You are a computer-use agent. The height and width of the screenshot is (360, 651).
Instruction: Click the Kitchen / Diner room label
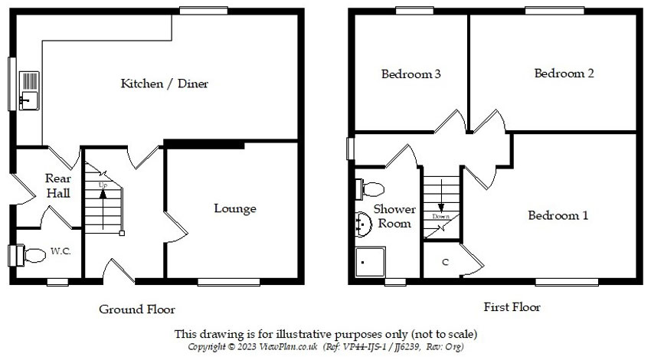[x=164, y=83]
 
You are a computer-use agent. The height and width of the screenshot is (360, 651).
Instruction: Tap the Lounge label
[x=234, y=208]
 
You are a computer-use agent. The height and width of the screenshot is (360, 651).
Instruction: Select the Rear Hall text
[x=58, y=185]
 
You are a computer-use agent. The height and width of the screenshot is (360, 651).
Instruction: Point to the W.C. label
[x=61, y=251]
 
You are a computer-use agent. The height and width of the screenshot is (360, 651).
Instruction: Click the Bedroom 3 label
[x=411, y=74]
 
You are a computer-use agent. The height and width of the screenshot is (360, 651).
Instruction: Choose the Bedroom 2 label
[x=564, y=74]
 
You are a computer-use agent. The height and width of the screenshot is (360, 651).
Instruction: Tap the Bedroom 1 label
[x=558, y=215]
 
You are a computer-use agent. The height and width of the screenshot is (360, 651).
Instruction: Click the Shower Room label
[x=394, y=216]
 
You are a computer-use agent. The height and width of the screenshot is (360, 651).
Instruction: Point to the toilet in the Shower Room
[x=372, y=188]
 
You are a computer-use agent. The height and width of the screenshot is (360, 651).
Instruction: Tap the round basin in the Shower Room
[x=364, y=223]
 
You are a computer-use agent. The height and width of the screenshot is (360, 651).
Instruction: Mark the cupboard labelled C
[x=444, y=263]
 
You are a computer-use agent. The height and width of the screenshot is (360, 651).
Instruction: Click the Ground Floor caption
[x=137, y=309]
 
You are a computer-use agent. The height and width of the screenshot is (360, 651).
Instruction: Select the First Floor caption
[x=512, y=307]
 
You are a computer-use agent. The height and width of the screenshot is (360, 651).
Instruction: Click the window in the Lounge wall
[x=223, y=282]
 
